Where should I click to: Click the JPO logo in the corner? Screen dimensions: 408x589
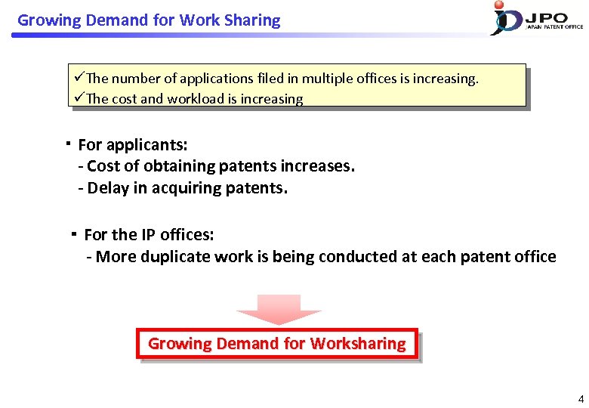click(536, 18)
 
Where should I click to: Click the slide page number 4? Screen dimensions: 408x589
click(580, 398)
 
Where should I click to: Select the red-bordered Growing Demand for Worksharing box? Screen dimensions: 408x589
click(276, 344)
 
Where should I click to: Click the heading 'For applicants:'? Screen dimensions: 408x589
click(133, 144)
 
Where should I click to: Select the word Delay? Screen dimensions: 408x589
click(108, 188)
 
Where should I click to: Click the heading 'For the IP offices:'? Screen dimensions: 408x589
click(149, 235)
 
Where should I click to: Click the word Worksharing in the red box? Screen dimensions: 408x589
click(358, 344)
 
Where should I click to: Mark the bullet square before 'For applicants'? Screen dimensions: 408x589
click(68, 142)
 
